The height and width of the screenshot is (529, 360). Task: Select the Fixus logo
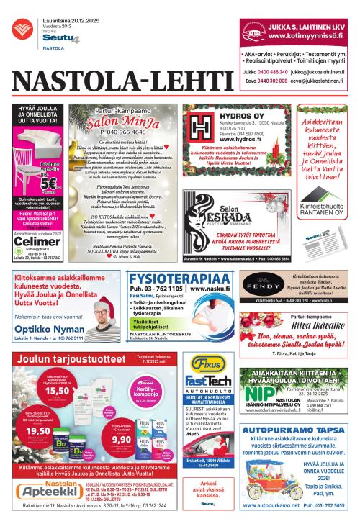[200, 364]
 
